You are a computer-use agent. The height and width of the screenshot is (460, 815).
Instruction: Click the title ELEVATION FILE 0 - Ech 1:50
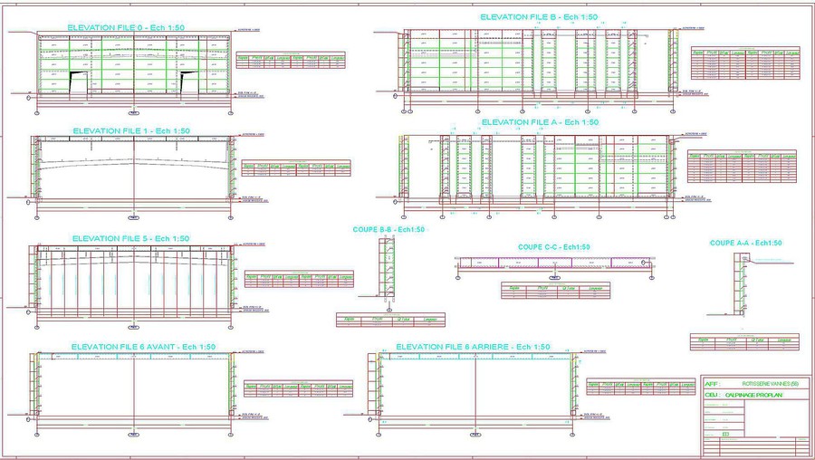click(126, 28)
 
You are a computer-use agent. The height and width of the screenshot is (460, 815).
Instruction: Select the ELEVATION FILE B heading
click(539, 17)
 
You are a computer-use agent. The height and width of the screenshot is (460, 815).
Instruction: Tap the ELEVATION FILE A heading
click(540, 122)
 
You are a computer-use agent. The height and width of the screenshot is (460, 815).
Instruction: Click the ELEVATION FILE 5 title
click(129, 238)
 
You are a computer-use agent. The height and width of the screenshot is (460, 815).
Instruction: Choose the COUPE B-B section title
click(388, 230)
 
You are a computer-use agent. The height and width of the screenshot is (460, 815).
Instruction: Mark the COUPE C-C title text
click(554, 246)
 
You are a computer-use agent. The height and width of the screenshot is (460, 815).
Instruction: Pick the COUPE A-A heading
click(745, 243)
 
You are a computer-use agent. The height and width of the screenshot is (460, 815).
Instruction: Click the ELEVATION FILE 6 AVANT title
click(143, 347)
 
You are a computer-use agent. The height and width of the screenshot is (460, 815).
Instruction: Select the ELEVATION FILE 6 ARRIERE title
click(473, 347)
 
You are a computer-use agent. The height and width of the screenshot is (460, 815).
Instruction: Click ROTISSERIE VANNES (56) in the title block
click(764, 384)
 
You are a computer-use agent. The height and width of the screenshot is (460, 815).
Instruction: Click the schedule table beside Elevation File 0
click(290, 60)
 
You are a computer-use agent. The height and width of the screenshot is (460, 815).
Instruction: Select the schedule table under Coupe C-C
click(554, 290)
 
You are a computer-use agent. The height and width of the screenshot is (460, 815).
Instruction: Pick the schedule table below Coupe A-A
click(744, 342)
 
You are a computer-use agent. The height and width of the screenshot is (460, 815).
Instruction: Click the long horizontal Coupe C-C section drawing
click(554, 263)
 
